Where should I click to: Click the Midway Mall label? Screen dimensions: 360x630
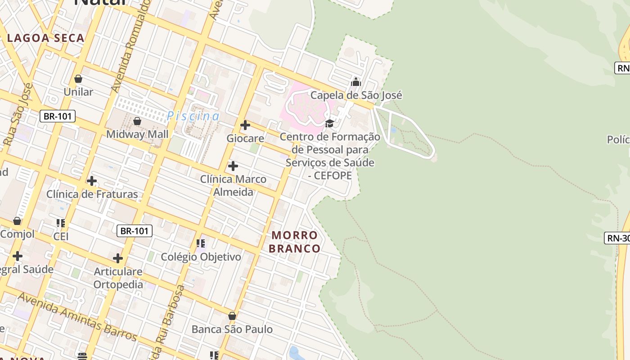(137, 134)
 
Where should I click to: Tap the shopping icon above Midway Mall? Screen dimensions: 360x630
(137, 121)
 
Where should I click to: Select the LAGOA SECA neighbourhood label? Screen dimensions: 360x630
(46, 38)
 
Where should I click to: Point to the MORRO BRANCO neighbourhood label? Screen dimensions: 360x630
(295, 242)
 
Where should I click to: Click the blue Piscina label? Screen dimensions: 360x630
(193, 116)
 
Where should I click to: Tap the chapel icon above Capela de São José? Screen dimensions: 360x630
(356, 82)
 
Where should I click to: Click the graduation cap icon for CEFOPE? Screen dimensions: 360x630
(330, 123)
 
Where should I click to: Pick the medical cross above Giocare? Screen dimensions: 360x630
(245, 125)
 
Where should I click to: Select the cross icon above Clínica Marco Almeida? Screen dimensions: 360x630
(233, 166)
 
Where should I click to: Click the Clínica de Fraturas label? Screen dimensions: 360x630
(92, 194)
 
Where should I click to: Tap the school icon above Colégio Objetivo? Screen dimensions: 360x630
(201, 243)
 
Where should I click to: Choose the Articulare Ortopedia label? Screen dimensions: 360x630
(118, 278)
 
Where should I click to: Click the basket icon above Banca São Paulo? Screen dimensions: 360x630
(232, 316)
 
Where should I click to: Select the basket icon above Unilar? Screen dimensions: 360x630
(78, 79)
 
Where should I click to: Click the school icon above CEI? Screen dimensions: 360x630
(61, 223)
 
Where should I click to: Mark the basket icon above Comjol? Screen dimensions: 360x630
(17, 221)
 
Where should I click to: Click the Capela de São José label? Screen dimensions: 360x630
(356, 95)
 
